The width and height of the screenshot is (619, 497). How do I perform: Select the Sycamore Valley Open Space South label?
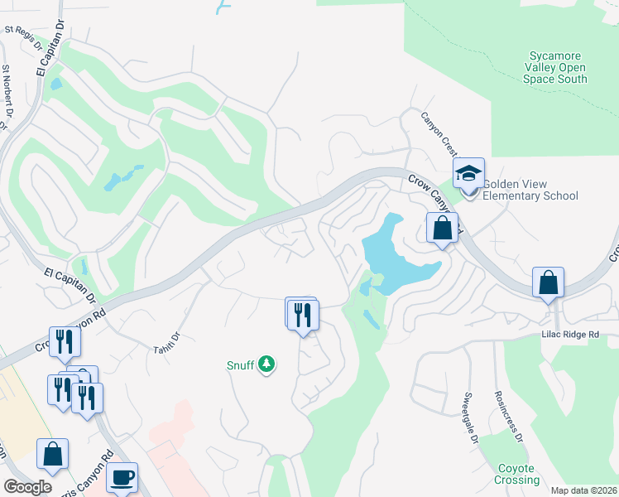point(555,67)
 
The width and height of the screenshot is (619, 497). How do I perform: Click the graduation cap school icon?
point(468,173)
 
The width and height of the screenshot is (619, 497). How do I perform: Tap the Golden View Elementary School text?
point(530,190)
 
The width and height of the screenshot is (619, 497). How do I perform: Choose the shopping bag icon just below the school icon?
point(442,227)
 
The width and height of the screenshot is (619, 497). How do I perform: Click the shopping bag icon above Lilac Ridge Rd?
point(548,282)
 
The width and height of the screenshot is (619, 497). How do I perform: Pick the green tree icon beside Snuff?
point(266,364)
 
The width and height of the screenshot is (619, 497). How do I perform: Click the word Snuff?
point(239,364)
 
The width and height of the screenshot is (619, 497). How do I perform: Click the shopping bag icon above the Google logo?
point(53,454)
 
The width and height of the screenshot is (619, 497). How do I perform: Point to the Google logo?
point(27,486)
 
